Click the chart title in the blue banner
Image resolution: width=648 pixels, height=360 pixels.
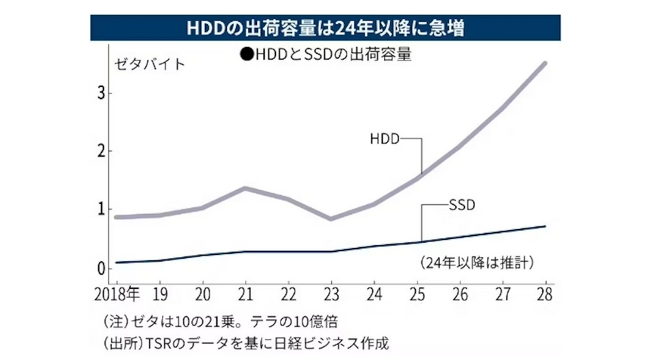324,29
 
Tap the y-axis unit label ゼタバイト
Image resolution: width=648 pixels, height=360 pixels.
148,64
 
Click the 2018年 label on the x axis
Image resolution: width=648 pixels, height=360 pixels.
119,293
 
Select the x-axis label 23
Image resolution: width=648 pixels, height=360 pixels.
331,293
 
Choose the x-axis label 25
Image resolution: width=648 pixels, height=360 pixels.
418,293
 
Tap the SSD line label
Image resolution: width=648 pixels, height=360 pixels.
461,203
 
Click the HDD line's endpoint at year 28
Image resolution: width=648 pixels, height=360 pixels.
545,64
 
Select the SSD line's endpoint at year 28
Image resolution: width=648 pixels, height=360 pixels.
545,226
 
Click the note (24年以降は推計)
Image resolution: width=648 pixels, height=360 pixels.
476,262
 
